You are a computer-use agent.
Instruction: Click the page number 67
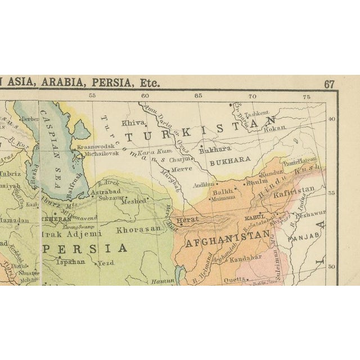(x=329, y=84)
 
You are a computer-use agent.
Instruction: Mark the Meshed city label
(x=133, y=201)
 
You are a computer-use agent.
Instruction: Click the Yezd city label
(x=105, y=262)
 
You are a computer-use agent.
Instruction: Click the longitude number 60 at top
(x=145, y=96)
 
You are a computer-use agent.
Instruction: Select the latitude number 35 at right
(x=331, y=192)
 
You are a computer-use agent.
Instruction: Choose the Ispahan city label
(x=72, y=262)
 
